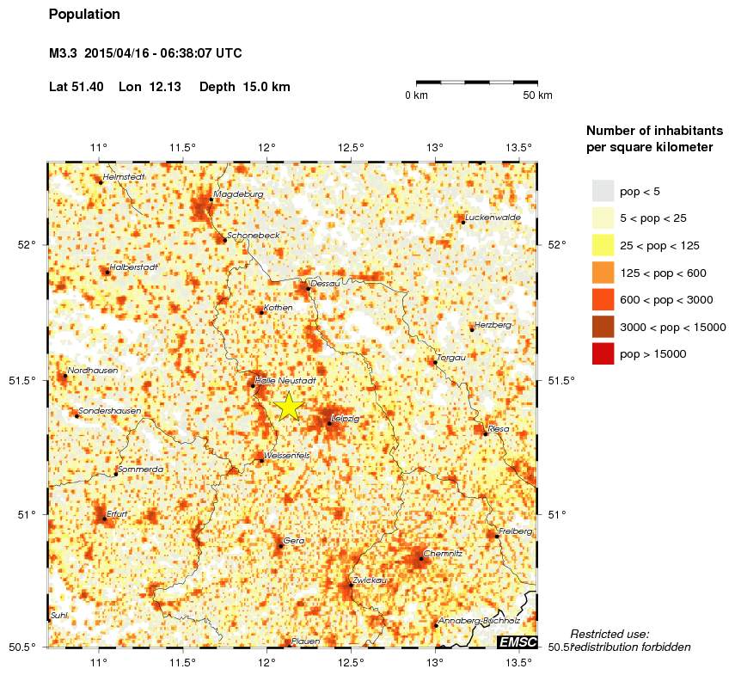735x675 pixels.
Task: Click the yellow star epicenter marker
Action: click(x=289, y=405)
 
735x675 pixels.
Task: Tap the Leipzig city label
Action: click(x=346, y=419)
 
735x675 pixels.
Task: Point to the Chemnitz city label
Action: click(x=444, y=554)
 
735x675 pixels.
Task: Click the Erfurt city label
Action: click(x=117, y=513)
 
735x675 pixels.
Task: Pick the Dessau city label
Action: click(x=326, y=283)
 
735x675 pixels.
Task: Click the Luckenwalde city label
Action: click(x=493, y=218)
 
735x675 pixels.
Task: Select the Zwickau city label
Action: click(x=370, y=580)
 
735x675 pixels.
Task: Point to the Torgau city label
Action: click(x=452, y=357)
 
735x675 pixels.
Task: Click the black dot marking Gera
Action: click(x=280, y=546)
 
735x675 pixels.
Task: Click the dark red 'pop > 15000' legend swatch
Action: click(x=603, y=353)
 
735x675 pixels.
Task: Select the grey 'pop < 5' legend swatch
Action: click(x=603, y=191)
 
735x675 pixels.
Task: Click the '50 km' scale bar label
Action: click(x=537, y=95)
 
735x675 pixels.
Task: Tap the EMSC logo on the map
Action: click(x=518, y=641)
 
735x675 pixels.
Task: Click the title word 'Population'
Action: click(x=84, y=15)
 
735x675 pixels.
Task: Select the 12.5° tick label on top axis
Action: click(x=352, y=147)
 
